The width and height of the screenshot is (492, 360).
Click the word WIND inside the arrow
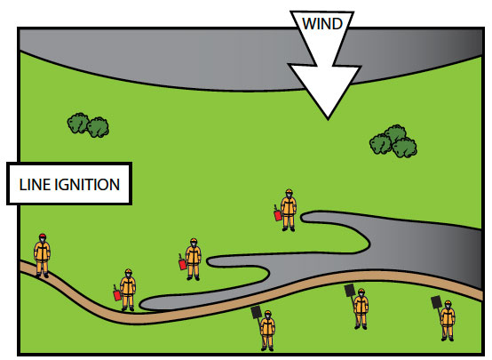pos(322,24)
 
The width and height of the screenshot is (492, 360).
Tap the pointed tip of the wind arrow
pos(328,119)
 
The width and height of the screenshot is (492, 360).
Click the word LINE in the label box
pos(35,185)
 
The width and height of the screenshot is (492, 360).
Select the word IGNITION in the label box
pos(87,185)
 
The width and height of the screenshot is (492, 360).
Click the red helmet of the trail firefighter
pos(43,236)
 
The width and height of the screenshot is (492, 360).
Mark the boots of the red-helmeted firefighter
pos(42,276)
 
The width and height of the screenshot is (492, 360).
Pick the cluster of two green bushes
pos(88,125)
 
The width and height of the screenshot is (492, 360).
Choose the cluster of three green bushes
pos(393,141)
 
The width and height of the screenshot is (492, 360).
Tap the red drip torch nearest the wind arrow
pos(277,214)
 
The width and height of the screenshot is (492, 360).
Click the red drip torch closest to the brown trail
pos(116,293)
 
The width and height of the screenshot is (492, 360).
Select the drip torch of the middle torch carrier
pos(182,262)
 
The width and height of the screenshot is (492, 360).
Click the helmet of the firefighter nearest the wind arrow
pos(289,192)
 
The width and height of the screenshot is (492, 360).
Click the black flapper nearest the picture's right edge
pos(436,302)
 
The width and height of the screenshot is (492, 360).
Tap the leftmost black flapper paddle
pos(257,313)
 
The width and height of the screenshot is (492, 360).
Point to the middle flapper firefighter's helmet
pos(361,292)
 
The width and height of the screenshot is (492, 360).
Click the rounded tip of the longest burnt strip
pos(142,304)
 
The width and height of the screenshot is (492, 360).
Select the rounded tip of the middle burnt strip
pos(210,261)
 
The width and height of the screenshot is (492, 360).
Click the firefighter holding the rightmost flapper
pos(447,321)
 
